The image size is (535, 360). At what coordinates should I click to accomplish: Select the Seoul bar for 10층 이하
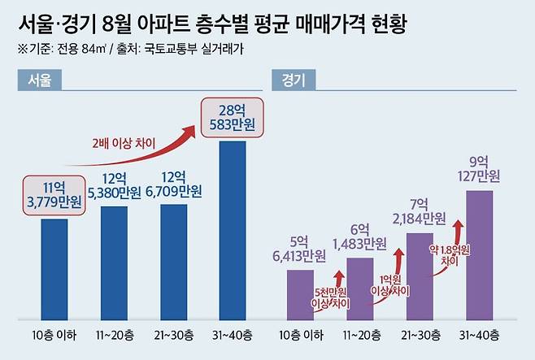[54, 268]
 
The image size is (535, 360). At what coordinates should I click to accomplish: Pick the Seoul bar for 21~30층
[173, 261]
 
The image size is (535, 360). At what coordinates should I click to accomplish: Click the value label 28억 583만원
[233, 117]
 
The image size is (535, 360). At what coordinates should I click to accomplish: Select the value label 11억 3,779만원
[54, 196]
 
